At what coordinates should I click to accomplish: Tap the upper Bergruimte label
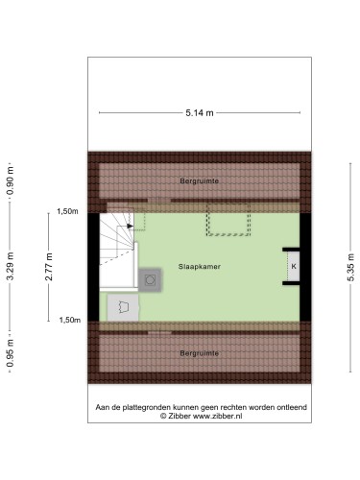click(x=200, y=180)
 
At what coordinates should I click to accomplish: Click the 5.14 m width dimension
click(x=200, y=113)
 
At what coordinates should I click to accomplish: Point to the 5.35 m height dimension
click(x=350, y=261)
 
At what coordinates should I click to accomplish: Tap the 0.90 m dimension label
click(x=10, y=180)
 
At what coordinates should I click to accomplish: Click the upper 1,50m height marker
click(x=67, y=211)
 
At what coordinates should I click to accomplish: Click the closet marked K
click(x=294, y=266)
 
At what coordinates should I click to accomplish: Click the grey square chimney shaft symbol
click(x=150, y=279)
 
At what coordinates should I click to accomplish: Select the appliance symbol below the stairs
click(x=123, y=307)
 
